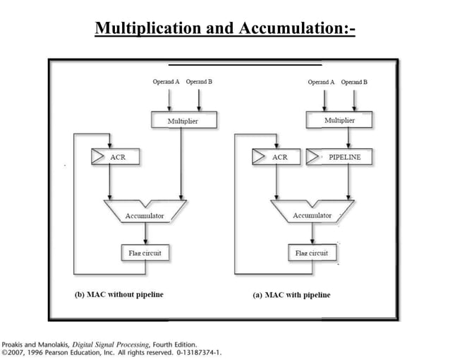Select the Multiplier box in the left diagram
point(182,121)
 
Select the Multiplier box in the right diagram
point(339,121)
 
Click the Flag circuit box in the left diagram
point(145,252)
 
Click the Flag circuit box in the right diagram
point(311,252)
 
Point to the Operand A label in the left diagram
point(166,82)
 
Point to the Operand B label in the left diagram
point(200,82)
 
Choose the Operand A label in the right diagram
point(321,82)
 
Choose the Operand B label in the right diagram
point(355,82)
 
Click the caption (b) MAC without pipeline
point(119,294)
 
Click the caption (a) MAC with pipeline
point(291,294)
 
